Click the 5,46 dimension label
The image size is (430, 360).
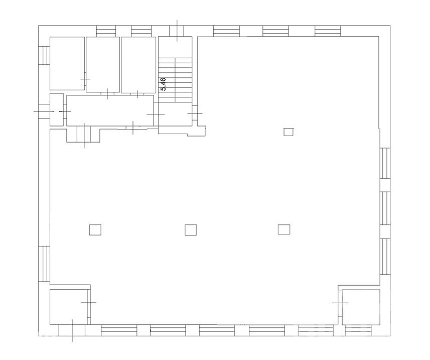(163, 84)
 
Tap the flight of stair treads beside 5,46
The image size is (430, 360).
(175, 80)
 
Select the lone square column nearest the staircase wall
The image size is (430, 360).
(289, 132)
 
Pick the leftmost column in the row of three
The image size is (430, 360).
(95, 229)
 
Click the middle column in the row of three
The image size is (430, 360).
(191, 229)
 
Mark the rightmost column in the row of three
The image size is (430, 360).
(284, 229)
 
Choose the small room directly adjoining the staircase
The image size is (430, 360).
(138, 65)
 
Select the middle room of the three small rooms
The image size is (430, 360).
(103, 64)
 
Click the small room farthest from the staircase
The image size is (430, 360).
(67, 63)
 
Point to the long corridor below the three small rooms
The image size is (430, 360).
(110, 110)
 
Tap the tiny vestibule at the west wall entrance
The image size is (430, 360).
(57, 109)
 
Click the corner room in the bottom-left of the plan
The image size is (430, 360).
(68, 307)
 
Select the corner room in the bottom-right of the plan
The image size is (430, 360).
(361, 307)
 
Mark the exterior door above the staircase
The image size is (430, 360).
(177, 31)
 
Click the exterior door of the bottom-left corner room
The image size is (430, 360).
(72, 330)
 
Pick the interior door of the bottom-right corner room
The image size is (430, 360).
(340, 303)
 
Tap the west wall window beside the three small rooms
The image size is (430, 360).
(44, 55)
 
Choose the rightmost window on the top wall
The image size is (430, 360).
(328, 31)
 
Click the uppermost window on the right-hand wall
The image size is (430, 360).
(385, 163)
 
